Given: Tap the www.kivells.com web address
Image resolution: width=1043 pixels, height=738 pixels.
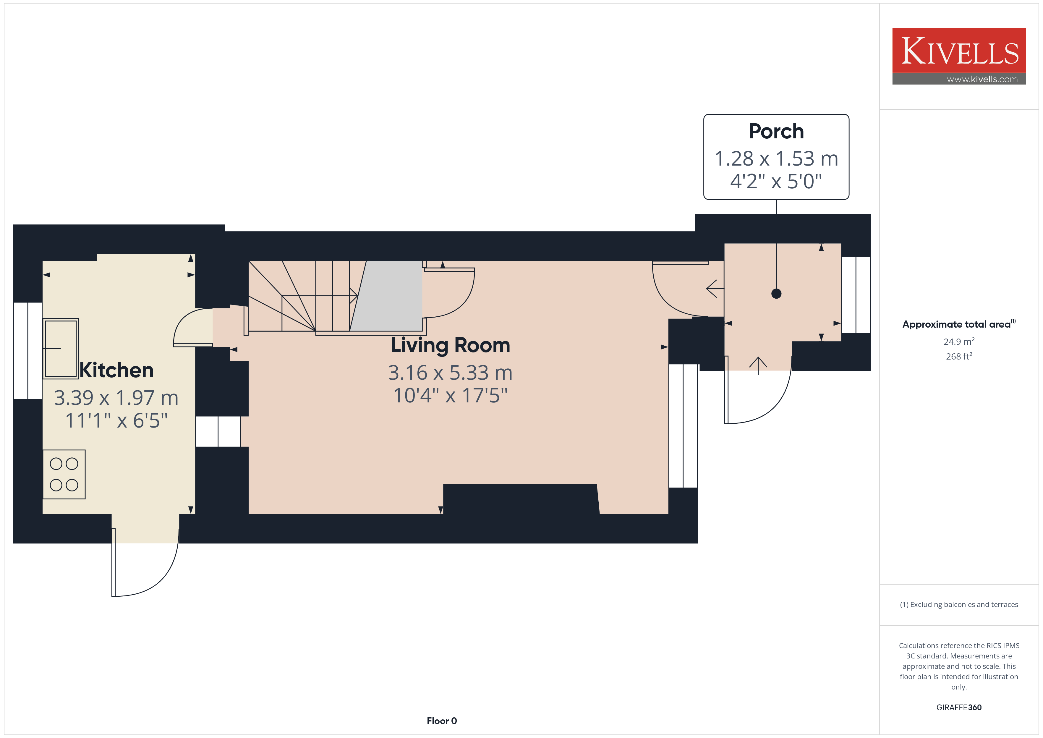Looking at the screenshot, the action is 982,79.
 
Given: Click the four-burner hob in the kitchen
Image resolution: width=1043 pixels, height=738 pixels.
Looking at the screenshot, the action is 64,475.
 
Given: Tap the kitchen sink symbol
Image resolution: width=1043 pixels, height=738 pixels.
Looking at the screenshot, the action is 61,349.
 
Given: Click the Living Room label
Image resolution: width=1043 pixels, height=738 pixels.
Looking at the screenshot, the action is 450,345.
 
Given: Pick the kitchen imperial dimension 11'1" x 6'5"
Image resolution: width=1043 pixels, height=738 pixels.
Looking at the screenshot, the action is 116,421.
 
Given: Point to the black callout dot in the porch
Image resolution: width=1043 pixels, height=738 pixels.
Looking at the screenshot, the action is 776,294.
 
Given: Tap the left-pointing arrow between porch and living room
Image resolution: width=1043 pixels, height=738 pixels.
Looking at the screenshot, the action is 715,289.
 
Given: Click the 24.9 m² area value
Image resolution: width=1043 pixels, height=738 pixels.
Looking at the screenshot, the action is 959,341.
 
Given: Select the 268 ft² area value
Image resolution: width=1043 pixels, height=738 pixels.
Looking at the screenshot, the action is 959,356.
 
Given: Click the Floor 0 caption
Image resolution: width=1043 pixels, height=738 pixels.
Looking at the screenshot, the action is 442,721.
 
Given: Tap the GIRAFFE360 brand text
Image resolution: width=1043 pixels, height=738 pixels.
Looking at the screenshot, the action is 959,708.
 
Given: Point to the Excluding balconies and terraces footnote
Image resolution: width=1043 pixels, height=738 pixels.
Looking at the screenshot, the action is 959,604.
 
